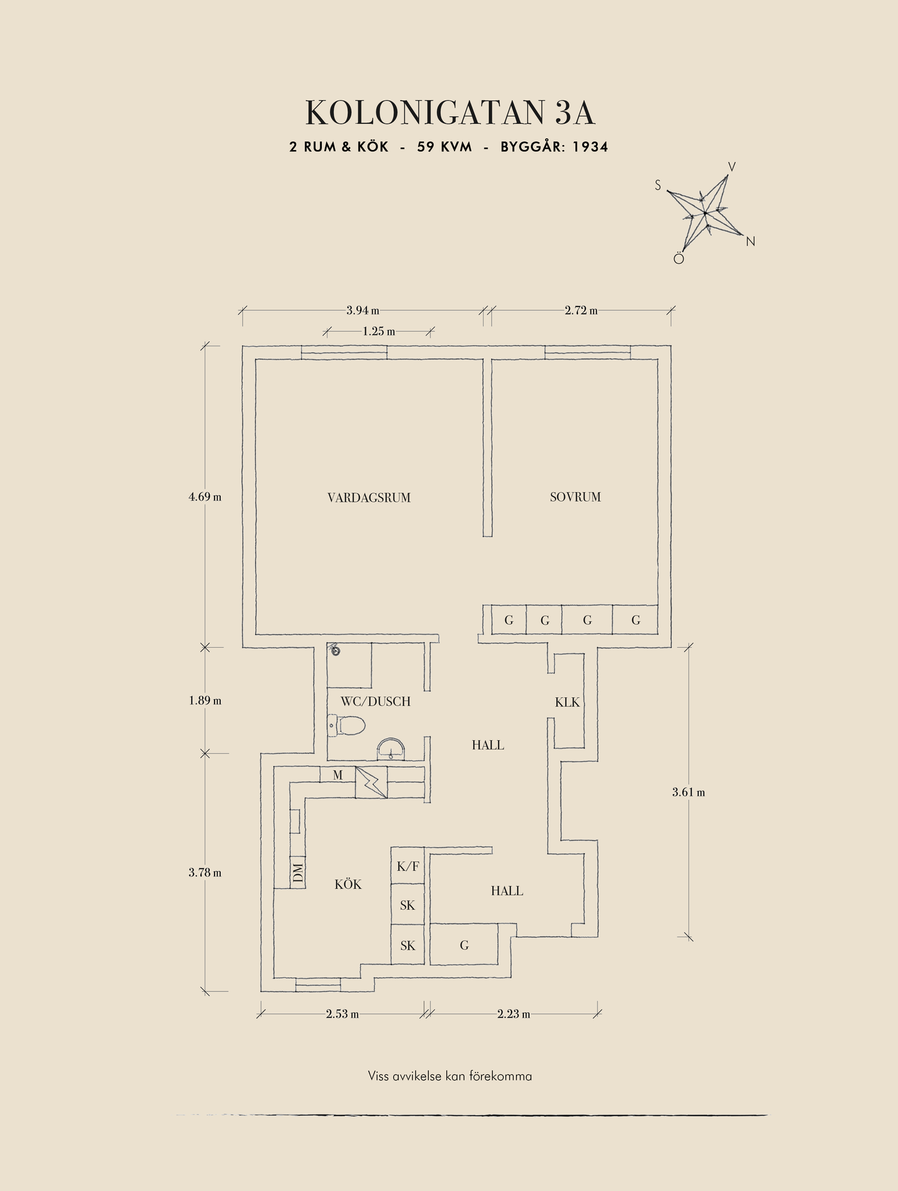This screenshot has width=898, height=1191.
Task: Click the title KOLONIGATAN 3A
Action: pyautogui.click(x=450, y=112)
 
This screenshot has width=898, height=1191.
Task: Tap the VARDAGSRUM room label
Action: pyautogui.click(x=369, y=497)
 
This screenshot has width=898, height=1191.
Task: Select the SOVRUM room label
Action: pyautogui.click(x=575, y=497)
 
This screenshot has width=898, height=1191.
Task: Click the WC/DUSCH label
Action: pyautogui.click(x=375, y=702)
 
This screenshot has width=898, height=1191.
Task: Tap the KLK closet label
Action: pyautogui.click(x=567, y=702)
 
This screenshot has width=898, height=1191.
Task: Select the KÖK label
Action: pyautogui.click(x=348, y=885)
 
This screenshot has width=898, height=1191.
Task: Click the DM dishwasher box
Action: pyautogui.click(x=298, y=873)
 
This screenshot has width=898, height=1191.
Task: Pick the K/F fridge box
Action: pyautogui.click(x=407, y=867)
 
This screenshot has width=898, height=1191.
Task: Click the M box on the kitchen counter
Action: pyautogui.click(x=337, y=775)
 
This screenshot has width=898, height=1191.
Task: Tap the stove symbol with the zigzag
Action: pyautogui.click(x=371, y=783)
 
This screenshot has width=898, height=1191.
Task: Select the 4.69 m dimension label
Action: pyautogui.click(x=205, y=497)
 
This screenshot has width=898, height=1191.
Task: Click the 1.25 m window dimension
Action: pyautogui.click(x=379, y=332)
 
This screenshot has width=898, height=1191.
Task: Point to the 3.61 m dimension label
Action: pyautogui.click(x=688, y=792)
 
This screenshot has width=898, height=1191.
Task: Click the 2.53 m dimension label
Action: pyautogui.click(x=342, y=1014)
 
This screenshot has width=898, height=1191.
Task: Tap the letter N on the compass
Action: pyautogui.click(x=750, y=242)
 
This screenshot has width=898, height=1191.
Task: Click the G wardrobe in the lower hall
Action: pyautogui.click(x=464, y=945)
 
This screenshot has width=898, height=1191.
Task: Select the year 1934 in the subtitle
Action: pyautogui.click(x=590, y=147)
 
